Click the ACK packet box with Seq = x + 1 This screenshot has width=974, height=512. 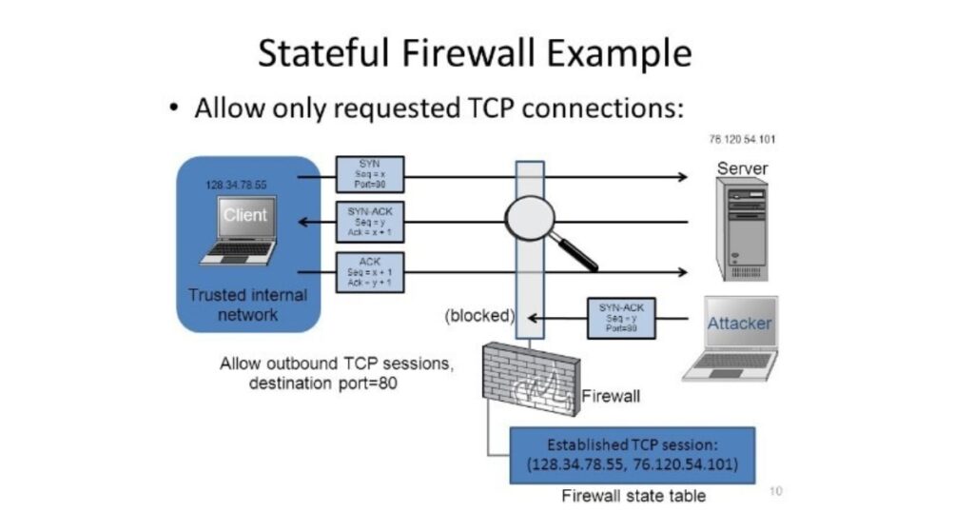pos(370,271)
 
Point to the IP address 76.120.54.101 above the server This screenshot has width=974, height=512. pos(742,140)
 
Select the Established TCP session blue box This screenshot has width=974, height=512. pos(633,455)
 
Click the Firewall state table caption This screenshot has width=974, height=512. pos(633,496)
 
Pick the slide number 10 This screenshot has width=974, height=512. pos(775,491)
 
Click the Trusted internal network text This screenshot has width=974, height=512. pos(247,304)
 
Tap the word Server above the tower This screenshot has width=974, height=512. pos(742,168)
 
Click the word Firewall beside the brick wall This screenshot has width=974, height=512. pos(611,394)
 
